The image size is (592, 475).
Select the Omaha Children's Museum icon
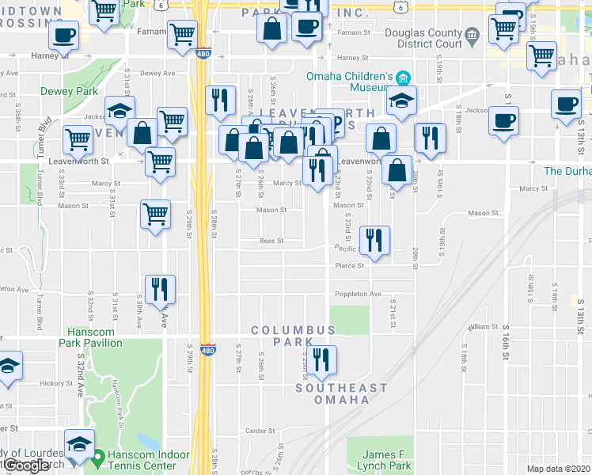click(404, 77)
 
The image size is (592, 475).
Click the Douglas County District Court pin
click(472, 34)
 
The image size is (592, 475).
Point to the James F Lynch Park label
click(388, 460)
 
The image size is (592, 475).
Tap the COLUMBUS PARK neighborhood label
click(294, 336)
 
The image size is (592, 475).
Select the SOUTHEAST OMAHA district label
click(342, 393)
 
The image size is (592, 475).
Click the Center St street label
click(259, 431)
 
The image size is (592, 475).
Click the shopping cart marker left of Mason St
click(155, 213)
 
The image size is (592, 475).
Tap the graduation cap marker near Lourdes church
click(79, 443)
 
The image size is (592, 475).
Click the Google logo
click(27, 465)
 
